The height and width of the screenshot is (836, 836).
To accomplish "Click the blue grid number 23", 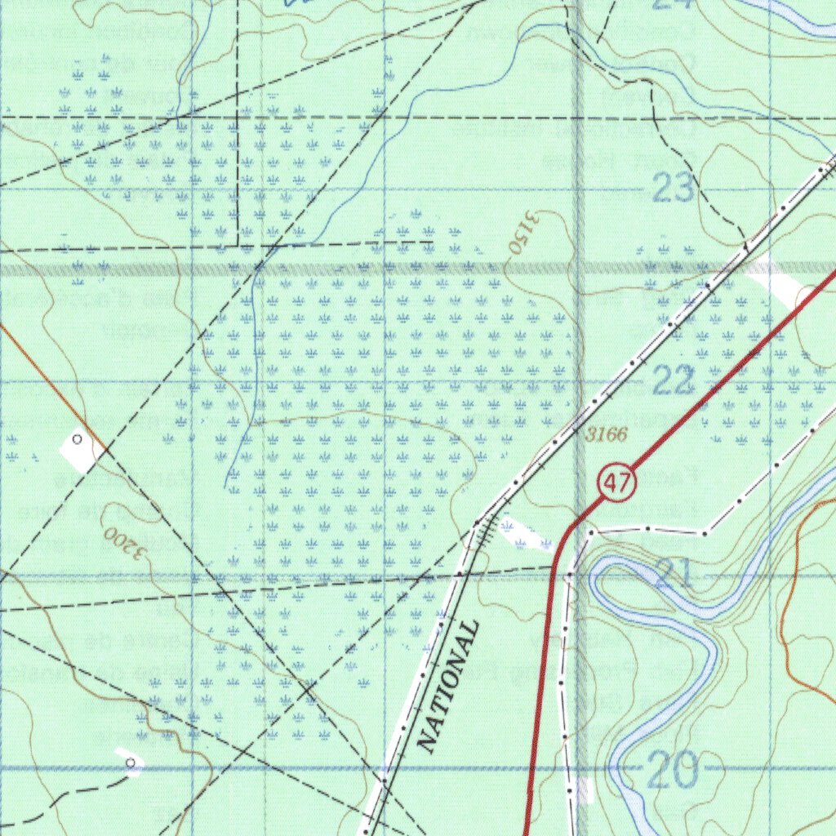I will tap(674, 189).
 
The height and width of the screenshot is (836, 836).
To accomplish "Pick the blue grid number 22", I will tap(674, 381).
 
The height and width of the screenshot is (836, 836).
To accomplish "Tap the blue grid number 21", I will tap(674, 575).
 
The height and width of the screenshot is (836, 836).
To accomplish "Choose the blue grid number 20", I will tap(673, 769).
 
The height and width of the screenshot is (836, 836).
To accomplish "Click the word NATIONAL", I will tap(447, 686).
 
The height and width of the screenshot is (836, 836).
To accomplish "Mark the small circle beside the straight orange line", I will tap(78, 439).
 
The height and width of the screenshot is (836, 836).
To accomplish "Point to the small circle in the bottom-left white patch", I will tap(131, 762).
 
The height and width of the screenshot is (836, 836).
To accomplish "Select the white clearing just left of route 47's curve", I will tap(524, 534).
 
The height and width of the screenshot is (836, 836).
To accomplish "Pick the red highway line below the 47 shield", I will tap(542, 694).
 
